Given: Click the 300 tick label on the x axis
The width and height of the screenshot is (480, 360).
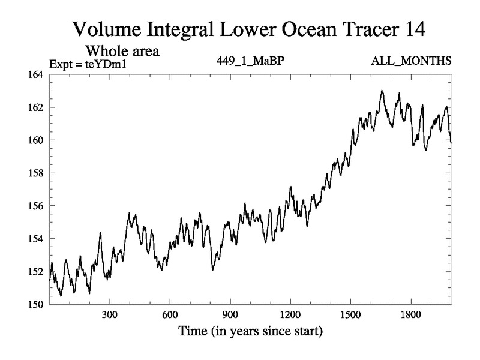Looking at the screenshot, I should (x=110, y=315).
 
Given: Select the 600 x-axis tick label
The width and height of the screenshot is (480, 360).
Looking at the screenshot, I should (x=170, y=315).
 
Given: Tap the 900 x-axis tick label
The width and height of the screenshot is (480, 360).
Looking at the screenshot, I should (x=230, y=315).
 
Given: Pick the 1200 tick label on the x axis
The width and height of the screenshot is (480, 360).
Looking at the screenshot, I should (x=290, y=315).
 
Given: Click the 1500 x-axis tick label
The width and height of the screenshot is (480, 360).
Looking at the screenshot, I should (x=350, y=315).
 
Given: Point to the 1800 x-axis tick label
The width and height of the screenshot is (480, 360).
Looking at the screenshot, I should (x=411, y=315).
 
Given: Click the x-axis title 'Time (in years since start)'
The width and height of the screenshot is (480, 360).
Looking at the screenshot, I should (x=250, y=331).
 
